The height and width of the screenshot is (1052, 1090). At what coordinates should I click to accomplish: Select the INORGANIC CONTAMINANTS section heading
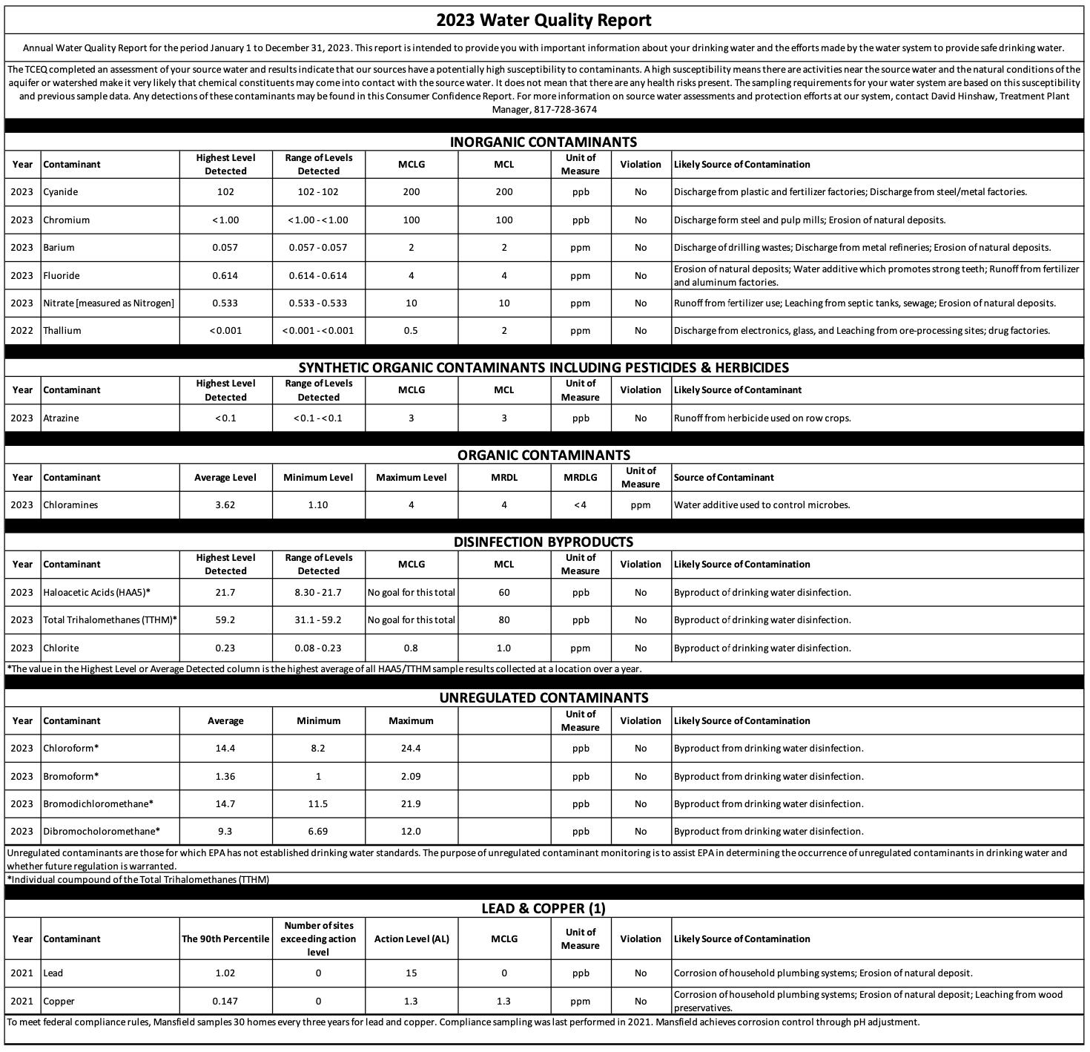click(x=544, y=142)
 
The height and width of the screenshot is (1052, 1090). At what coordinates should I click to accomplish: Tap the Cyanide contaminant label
click(x=60, y=192)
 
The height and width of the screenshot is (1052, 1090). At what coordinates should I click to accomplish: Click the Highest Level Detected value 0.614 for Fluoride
click(x=225, y=275)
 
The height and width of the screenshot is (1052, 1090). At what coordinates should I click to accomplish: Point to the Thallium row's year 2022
click(x=22, y=331)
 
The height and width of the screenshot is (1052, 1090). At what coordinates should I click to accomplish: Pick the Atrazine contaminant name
click(x=61, y=418)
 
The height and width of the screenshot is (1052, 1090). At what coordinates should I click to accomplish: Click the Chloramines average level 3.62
click(x=225, y=505)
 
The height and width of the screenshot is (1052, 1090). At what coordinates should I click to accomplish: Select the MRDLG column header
click(x=580, y=478)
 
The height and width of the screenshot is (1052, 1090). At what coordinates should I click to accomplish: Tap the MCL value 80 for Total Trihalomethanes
click(x=503, y=620)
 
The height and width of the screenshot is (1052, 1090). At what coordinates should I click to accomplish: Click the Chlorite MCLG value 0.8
click(x=411, y=648)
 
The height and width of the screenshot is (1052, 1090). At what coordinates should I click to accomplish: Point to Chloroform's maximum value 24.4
click(x=411, y=749)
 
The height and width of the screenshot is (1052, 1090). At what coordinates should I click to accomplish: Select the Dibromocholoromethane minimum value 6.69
click(x=318, y=832)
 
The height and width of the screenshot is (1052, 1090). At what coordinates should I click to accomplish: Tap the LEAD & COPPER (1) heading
click(x=544, y=909)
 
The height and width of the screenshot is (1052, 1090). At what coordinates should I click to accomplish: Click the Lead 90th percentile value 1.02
click(x=225, y=973)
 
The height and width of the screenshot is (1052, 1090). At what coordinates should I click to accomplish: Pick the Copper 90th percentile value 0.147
click(x=225, y=1002)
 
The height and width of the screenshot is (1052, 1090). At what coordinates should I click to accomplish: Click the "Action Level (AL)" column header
click(x=412, y=939)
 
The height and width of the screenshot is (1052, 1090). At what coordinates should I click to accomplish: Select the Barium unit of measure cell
click(x=580, y=248)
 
